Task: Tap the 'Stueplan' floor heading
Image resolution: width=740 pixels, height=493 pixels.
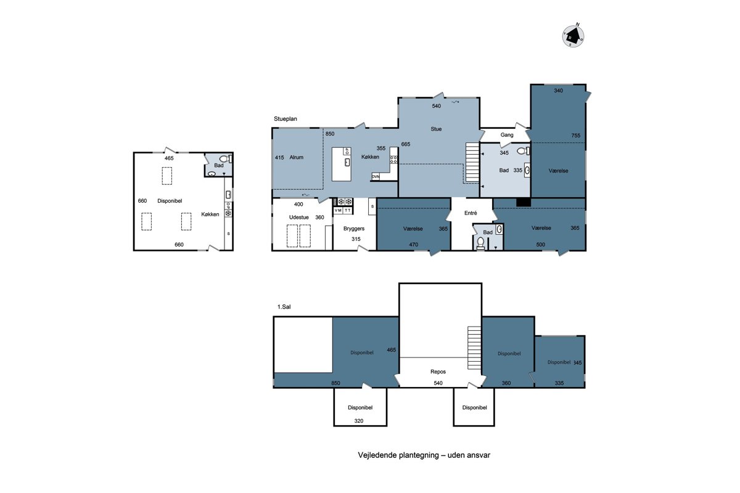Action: pos(285,119)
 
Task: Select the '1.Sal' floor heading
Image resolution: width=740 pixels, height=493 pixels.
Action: pos(284,307)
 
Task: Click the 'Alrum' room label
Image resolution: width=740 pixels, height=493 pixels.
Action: pos(296,158)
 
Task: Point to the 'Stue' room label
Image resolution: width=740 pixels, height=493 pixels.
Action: pos(436,129)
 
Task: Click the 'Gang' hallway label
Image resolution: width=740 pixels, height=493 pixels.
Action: pos(507,135)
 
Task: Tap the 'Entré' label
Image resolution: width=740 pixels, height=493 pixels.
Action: pos(471,213)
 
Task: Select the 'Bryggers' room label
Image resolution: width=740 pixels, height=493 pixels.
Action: pos(354,229)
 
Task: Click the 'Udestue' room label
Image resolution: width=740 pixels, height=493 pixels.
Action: pos(298,218)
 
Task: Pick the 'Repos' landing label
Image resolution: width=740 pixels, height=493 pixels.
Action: pos(438,372)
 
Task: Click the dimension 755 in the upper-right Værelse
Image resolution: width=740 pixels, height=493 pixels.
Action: pos(575,136)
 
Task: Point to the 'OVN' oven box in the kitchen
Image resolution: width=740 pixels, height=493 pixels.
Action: pos(376,177)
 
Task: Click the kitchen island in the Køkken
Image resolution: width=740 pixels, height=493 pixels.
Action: pos(341,164)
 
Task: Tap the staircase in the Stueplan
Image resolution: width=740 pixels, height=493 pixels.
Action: pos(472,162)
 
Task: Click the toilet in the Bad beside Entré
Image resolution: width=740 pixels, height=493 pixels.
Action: pos(480,243)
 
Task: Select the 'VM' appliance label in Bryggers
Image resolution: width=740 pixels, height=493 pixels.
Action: pos(338,210)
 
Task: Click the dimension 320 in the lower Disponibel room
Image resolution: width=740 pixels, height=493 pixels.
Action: pos(359,421)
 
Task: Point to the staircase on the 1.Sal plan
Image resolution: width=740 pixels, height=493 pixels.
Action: pos(474,348)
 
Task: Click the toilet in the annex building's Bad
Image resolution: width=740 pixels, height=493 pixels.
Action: pos(224,159)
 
